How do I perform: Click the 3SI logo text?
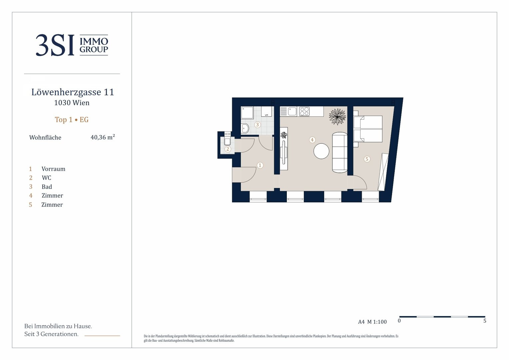coord(55,45)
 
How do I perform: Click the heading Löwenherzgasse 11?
coord(73,92)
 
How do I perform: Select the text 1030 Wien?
coord(72,103)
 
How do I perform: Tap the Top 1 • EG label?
coord(72,120)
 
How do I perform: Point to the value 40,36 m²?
coord(103,137)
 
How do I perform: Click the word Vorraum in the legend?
coord(53,169)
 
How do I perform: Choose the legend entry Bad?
coord(47,187)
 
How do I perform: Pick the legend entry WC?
coord(47,178)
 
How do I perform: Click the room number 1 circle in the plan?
coord(260,165)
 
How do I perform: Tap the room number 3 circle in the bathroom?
coord(257,125)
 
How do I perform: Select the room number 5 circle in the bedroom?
coord(367,159)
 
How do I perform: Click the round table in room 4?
coord(321,151)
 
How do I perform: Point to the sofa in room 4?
coord(340,152)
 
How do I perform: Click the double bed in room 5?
coord(368,129)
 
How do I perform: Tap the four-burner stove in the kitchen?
coord(304,112)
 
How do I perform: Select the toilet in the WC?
coord(228,141)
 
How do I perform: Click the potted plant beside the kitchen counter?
coord(337,116)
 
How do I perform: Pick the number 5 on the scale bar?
coord(485,321)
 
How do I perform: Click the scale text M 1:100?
coord(377,322)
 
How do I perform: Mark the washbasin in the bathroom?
coord(245,128)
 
